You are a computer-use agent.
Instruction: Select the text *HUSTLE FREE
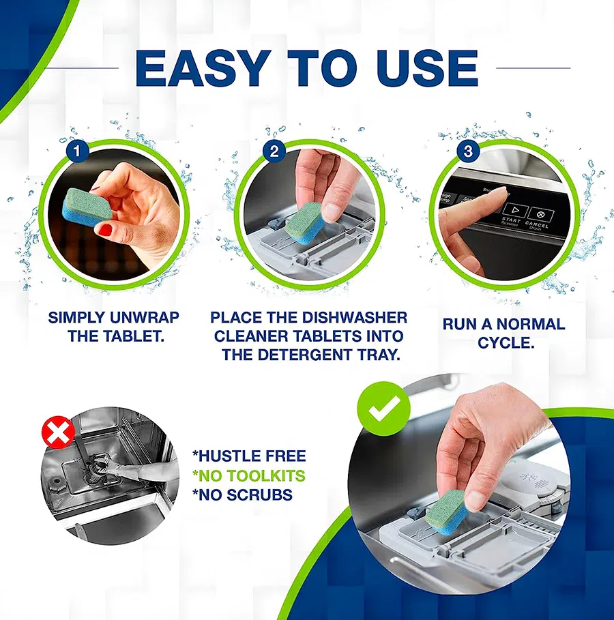click(248, 456)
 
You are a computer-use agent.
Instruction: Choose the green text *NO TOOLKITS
click(248, 476)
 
